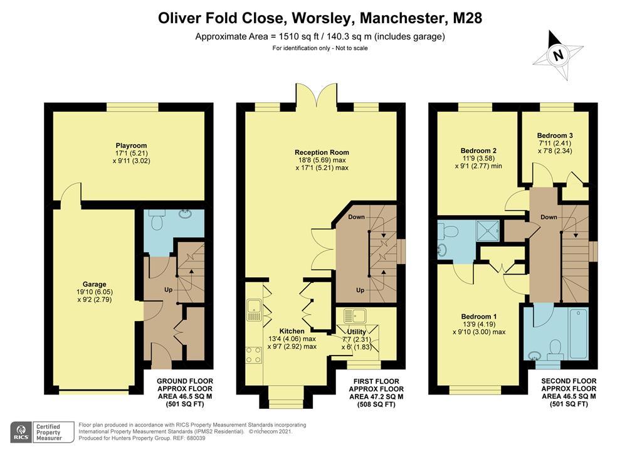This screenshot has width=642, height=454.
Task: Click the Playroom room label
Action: [x=131, y=145]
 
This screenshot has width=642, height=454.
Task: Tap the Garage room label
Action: [x=94, y=284]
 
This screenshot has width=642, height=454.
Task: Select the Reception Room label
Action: [x=322, y=152]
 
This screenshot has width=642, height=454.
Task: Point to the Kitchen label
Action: [x=292, y=331]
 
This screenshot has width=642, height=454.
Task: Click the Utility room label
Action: [x=356, y=332]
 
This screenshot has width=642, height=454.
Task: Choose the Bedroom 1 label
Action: [x=478, y=317]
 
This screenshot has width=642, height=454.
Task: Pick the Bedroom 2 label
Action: [x=478, y=150]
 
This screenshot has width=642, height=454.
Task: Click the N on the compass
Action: [x=557, y=55]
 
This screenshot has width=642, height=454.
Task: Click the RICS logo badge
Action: [x=21, y=432]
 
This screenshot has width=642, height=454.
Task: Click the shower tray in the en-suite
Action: [x=488, y=231]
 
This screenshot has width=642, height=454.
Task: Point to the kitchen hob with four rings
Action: [x=254, y=354]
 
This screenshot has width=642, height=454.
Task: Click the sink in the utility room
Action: [x=355, y=315]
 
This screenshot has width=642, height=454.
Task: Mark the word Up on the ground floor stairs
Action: [x=168, y=290]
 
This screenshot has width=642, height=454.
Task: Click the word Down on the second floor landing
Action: [x=548, y=217]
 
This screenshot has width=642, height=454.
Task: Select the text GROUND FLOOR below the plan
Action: [x=185, y=381]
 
